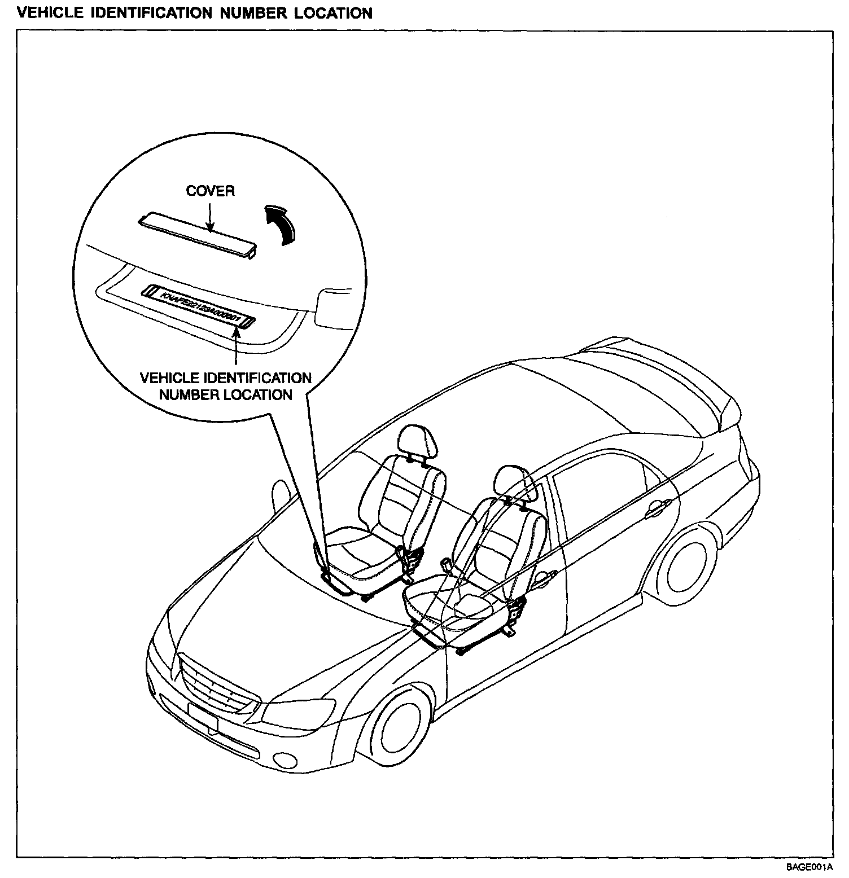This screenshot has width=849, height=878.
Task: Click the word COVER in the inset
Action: [x=210, y=191]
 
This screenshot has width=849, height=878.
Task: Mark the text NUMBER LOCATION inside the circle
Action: [x=225, y=394]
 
